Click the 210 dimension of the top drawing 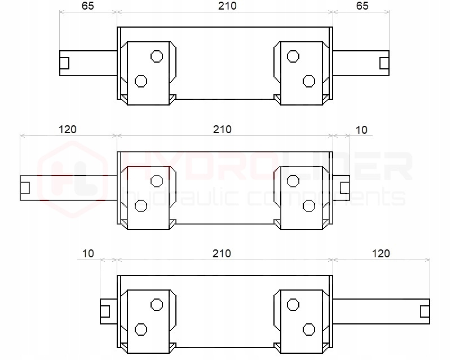pos(227,6)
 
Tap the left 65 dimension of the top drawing pos(88,6)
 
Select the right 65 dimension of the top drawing pos(362,6)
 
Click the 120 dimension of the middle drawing pos(68,130)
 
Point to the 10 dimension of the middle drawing pos(361,130)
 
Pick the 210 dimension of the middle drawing pos(222,130)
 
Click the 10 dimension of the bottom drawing pos(88,254)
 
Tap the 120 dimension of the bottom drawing pos(381,254)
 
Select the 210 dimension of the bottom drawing pos(222,254)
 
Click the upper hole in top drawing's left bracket pos(157,56)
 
